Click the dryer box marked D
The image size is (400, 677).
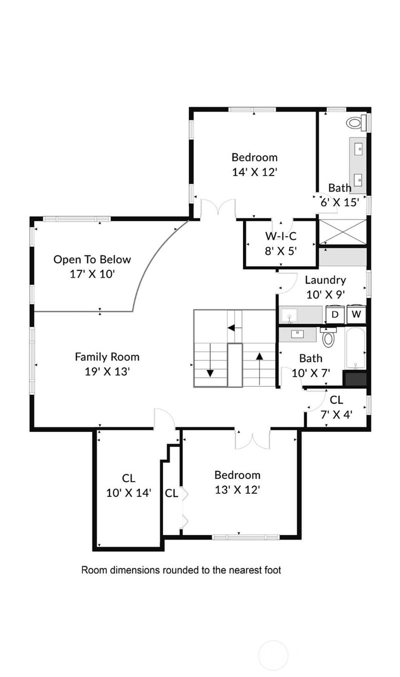(x=335, y=314)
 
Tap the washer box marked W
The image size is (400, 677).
(x=356, y=314)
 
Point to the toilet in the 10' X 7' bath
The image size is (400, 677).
(x=328, y=337)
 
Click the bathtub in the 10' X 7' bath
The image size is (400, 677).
(x=355, y=349)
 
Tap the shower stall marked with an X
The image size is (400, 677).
(x=343, y=232)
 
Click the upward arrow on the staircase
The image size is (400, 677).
(x=259, y=369)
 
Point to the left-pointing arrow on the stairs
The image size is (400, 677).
(x=234, y=328)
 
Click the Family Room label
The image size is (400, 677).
(x=107, y=357)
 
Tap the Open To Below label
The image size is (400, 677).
(x=92, y=260)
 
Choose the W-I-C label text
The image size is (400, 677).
(x=280, y=236)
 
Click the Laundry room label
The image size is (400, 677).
(x=325, y=280)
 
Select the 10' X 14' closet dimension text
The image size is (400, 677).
(x=128, y=493)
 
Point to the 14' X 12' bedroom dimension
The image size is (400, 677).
(x=254, y=172)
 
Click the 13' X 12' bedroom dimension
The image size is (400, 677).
(x=237, y=490)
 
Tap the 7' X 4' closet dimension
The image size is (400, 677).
(x=336, y=415)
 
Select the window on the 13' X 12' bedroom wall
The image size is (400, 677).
(x=245, y=537)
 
